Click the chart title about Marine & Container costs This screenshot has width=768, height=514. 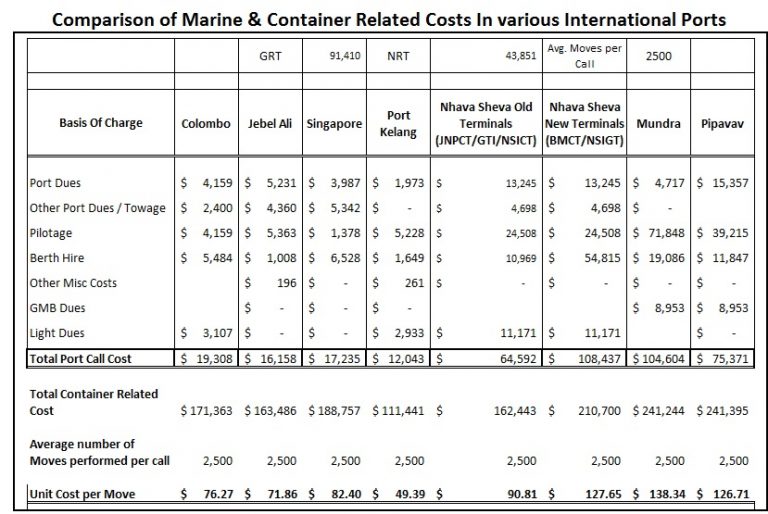385,18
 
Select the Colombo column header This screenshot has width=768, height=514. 207,124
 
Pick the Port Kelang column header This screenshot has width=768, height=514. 399,124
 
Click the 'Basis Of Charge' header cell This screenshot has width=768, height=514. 101,124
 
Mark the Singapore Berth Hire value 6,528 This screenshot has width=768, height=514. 343,258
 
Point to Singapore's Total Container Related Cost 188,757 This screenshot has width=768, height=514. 335,410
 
